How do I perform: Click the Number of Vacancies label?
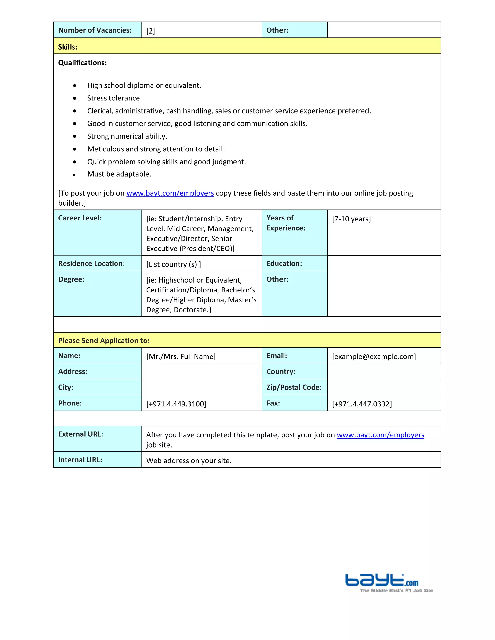(x=95, y=30)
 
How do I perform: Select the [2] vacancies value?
(x=151, y=31)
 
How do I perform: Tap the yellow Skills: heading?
(x=68, y=47)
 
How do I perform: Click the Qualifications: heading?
(x=82, y=63)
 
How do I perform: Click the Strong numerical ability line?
(x=127, y=136)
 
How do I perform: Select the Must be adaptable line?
(x=119, y=174)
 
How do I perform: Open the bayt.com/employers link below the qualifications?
(x=170, y=193)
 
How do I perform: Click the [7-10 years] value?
(x=351, y=219)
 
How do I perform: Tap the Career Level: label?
(x=80, y=218)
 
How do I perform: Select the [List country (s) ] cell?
(x=174, y=264)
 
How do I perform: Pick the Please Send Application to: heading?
(x=104, y=341)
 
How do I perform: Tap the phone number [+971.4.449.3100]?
(x=176, y=404)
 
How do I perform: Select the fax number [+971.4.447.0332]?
(x=362, y=404)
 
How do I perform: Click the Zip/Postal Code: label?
(x=294, y=387)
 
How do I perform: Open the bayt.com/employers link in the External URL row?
(x=380, y=435)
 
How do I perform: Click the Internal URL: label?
(x=80, y=460)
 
